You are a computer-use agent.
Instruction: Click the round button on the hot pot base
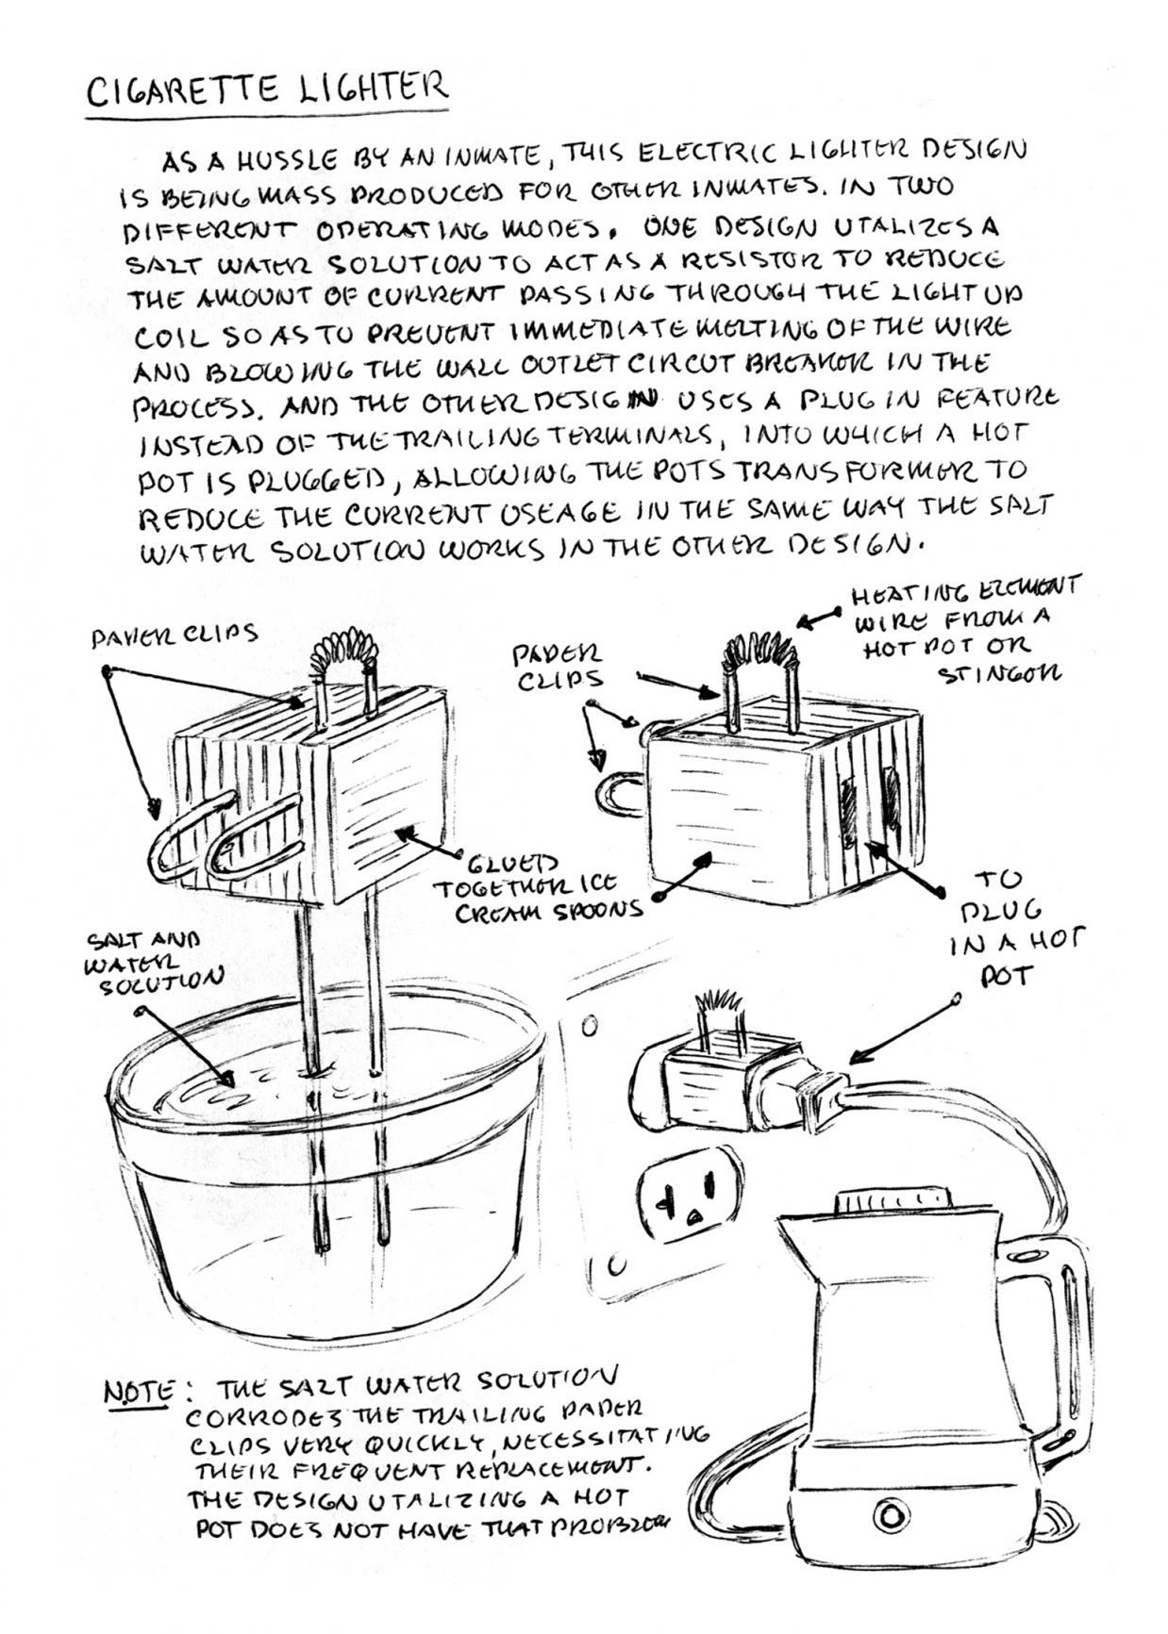(x=890, y=1514)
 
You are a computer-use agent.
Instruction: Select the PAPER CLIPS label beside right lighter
(x=557, y=665)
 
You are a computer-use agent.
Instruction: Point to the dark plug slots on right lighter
(x=868, y=801)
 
